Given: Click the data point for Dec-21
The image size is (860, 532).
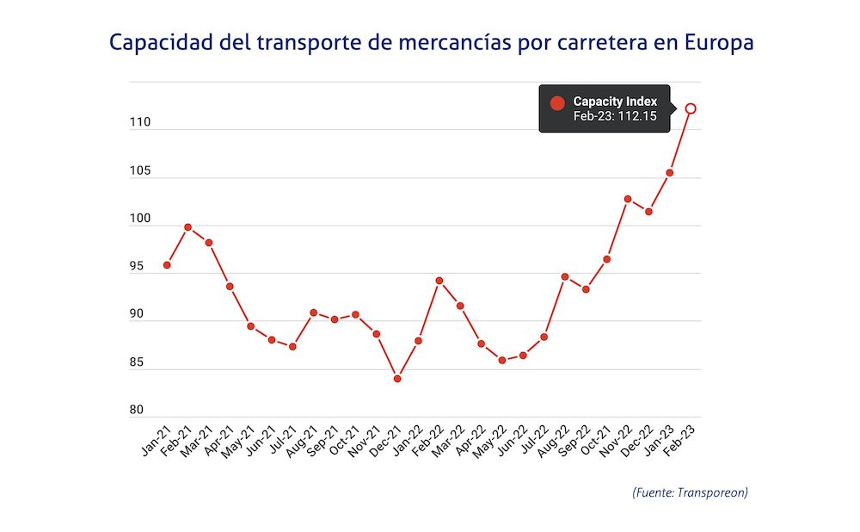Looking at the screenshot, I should pyautogui.click(x=397, y=379).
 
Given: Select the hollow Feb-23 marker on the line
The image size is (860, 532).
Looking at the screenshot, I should pyautogui.click(x=691, y=108).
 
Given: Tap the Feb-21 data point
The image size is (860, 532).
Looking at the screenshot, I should pyautogui.click(x=187, y=227).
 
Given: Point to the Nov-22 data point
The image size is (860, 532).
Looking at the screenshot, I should pyautogui.click(x=628, y=199).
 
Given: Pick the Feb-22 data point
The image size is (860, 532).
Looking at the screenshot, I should pyautogui.click(x=439, y=281).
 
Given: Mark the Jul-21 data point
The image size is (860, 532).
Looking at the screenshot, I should pyautogui.click(x=292, y=347).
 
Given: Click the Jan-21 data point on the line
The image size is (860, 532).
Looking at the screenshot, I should pyautogui.click(x=167, y=265).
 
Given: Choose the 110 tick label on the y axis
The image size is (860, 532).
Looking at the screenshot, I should pyautogui.click(x=141, y=123).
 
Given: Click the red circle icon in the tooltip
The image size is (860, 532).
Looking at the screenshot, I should pyautogui.click(x=557, y=103).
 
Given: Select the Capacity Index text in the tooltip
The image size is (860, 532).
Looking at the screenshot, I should pyautogui.click(x=615, y=102).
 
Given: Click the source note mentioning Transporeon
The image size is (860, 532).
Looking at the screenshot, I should pyautogui.click(x=690, y=492).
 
